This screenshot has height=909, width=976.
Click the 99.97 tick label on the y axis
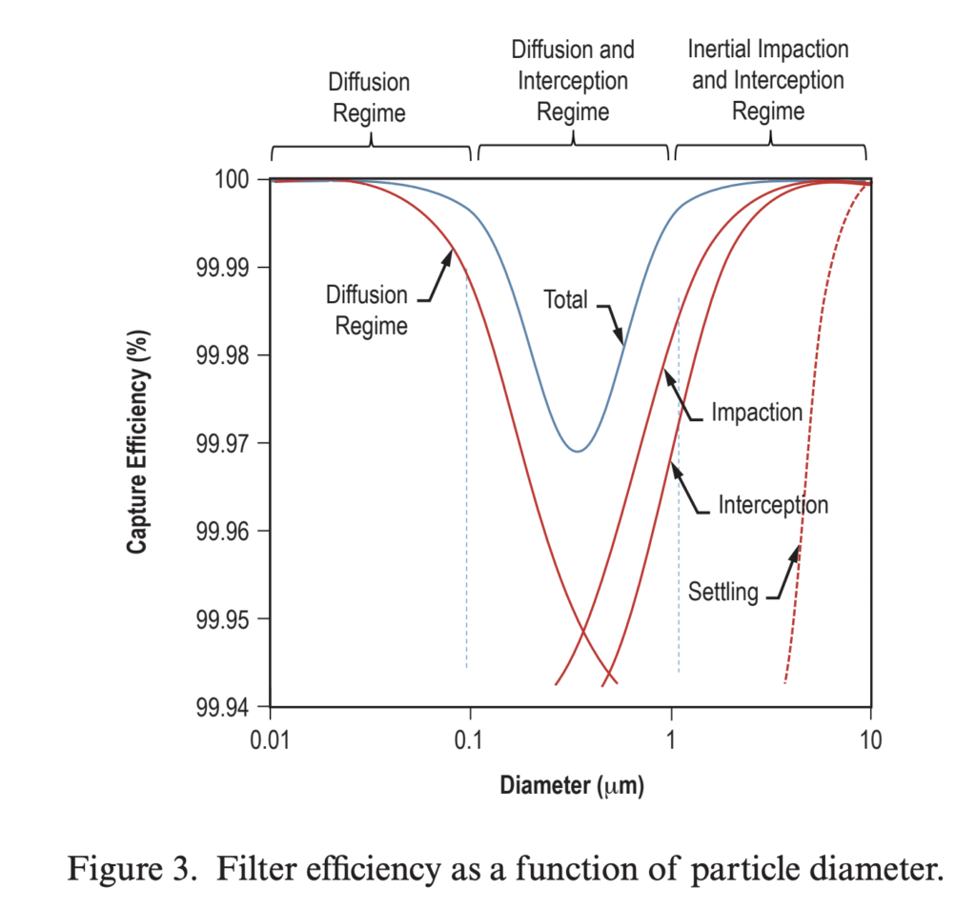227,444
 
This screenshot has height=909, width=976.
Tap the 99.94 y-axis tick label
227,708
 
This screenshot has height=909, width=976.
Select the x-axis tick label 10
869,740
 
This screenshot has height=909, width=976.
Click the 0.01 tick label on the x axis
271,740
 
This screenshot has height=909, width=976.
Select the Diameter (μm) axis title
571,787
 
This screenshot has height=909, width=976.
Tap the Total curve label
566,298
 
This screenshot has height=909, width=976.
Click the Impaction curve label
757,413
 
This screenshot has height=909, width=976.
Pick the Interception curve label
773,504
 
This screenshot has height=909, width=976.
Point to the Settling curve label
723,592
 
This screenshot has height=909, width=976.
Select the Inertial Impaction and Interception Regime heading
768,80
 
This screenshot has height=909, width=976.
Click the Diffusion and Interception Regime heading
573,80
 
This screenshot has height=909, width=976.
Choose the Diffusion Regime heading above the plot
369,97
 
